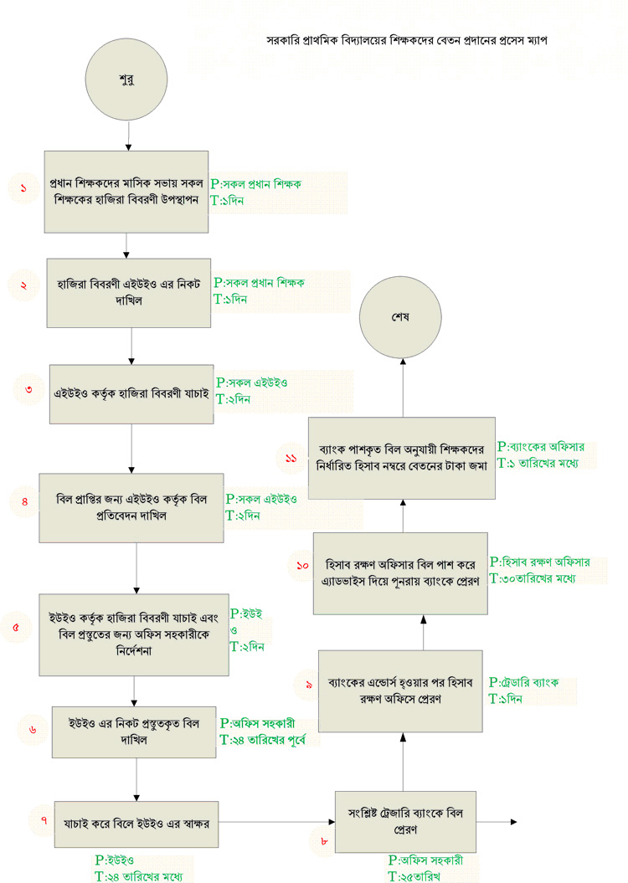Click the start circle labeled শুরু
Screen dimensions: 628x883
point(126,79)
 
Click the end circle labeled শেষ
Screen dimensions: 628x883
point(400,317)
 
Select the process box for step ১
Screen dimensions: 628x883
point(126,192)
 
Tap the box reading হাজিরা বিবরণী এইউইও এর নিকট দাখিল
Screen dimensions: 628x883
point(128,293)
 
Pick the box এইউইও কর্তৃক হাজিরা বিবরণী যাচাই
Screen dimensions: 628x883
point(131,393)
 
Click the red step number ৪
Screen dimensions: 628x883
point(25,501)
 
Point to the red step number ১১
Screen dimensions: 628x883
point(291,459)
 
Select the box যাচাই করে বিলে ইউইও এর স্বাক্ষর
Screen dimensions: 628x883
point(136,824)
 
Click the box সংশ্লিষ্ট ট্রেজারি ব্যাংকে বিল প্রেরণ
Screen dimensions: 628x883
point(405,822)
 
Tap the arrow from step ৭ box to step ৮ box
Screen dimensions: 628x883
point(276,822)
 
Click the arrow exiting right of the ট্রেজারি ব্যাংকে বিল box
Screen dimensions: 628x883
point(497,822)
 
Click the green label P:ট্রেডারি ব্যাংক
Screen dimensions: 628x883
point(523,682)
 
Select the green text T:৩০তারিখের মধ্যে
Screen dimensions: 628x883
point(533,578)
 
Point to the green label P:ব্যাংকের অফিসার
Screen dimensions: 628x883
point(541,447)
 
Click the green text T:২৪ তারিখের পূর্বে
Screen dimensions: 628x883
point(262,739)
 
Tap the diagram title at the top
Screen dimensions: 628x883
point(407,40)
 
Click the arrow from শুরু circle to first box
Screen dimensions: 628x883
point(128,135)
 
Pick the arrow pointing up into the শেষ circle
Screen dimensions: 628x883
point(403,388)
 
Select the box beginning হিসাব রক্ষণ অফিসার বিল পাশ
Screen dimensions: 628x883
point(400,573)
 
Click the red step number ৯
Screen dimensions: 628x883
point(309,685)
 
